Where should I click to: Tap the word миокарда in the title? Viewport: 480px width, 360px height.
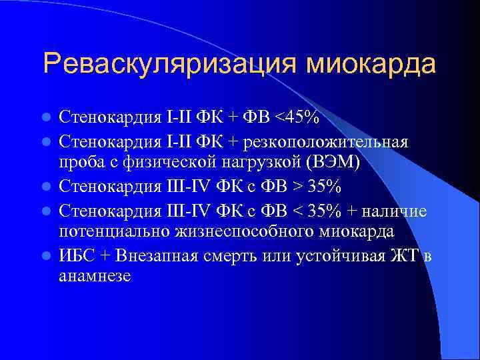click(x=371, y=64)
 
